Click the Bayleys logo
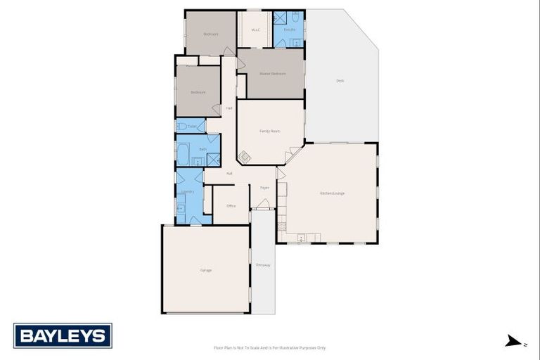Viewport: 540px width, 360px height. (x=63, y=335)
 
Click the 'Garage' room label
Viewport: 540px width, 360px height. (x=206, y=270)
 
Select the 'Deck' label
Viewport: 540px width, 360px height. (x=340, y=81)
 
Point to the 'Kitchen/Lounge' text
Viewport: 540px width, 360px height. (x=332, y=193)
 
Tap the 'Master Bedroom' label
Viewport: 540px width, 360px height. (x=271, y=73)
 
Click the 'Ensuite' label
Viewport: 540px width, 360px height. (x=289, y=30)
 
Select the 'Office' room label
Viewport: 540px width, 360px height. (x=231, y=206)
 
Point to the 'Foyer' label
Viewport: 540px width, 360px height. (x=264, y=188)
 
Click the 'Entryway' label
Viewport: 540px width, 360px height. (x=263, y=264)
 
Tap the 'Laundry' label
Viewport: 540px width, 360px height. (x=188, y=191)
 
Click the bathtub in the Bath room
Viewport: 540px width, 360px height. (x=183, y=154)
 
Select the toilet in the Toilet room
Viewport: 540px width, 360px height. (x=181, y=127)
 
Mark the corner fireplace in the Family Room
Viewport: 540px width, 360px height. (x=244, y=157)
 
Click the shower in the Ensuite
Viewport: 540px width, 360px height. (x=279, y=18)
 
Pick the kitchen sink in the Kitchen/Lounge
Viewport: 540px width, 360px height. (x=301, y=238)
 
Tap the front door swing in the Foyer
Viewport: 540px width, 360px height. (x=264, y=204)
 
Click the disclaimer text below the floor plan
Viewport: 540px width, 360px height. (x=270, y=347)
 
